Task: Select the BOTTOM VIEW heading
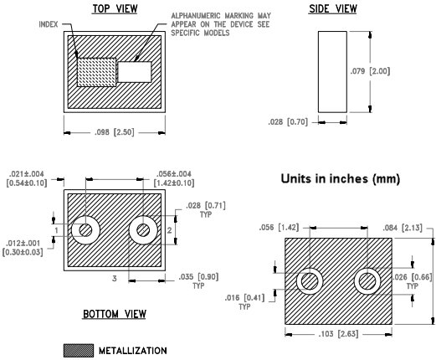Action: tap(114, 314)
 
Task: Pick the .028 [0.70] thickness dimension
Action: tap(290, 123)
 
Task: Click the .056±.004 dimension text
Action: tap(175, 178)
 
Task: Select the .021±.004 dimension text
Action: tap(28, 178)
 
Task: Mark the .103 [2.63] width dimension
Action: tap(337, 333)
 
